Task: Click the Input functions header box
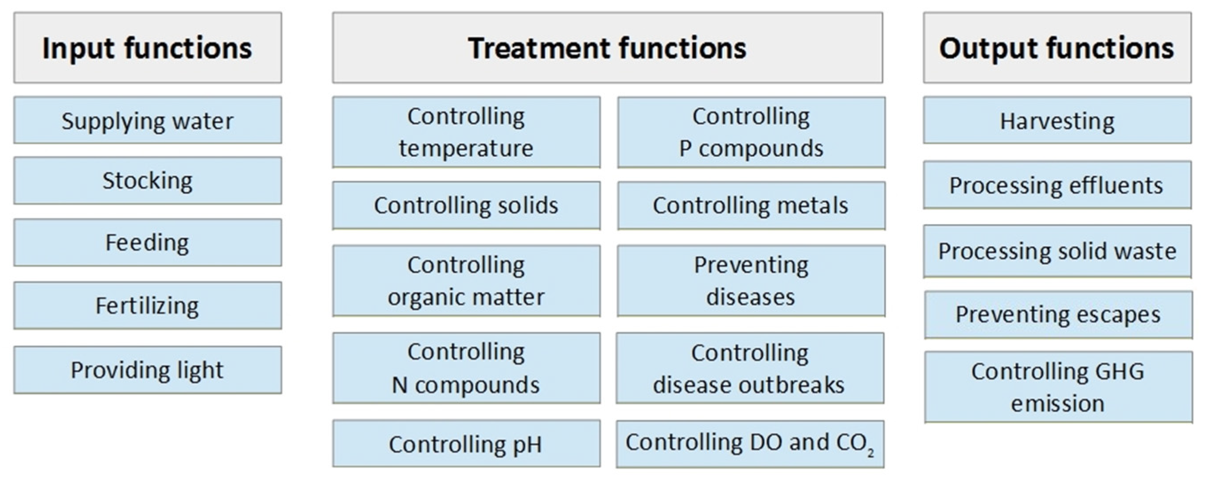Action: point(147,48)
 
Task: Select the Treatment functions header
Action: point(607,48)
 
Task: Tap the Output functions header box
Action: point(1057,48)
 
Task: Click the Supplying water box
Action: point(147,120)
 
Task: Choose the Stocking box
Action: point(147,181)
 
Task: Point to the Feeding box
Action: point(147,243)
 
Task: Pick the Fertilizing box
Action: point(147,306)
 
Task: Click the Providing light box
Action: point(147,370)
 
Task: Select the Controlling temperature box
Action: point(466,132)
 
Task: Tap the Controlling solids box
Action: point(466,205)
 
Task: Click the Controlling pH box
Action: point(466,443)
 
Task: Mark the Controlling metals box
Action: point(751,205)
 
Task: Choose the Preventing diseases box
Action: point(751,281)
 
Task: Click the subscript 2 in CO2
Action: point(870,452)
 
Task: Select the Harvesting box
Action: point(1057,120)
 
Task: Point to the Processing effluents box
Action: point(1057,185)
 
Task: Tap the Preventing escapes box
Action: point(1058,314)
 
